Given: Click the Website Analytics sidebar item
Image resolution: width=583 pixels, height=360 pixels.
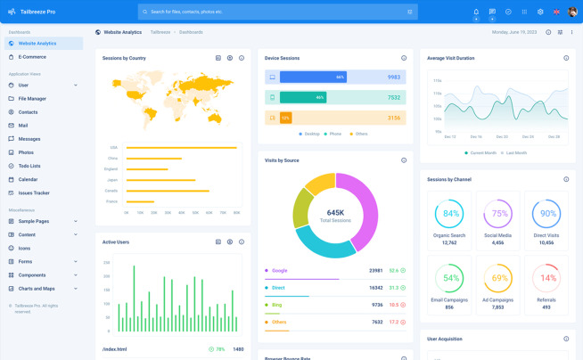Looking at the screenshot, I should [x=37, y=43].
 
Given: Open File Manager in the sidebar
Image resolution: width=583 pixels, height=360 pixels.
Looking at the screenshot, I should [x=32, y=98].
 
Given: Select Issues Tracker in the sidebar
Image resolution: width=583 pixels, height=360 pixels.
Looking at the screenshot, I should [x=34, y=192].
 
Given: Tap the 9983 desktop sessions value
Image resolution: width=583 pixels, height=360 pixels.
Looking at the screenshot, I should [x=393, y=78].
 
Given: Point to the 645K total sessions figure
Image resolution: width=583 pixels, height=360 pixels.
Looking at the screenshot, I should [x=335, y=213].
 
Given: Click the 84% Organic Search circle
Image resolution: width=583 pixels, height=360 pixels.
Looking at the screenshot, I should [x=449, y=214].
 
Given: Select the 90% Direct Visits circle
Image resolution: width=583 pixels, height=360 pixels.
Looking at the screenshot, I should [x=546, y=214].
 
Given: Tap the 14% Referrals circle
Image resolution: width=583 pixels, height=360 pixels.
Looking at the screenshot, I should [x=546, y=278].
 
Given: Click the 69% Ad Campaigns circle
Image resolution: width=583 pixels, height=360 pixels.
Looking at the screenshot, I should [x=497, y=278].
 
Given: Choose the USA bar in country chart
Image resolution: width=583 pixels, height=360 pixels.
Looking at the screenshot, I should [x=181, y=147].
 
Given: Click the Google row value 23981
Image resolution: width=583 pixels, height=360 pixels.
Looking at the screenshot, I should [x=375, y=270].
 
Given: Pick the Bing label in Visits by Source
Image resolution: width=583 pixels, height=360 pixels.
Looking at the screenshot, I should [x=276, y=305].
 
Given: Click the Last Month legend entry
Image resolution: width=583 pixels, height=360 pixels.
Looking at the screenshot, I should [x=515, y=152].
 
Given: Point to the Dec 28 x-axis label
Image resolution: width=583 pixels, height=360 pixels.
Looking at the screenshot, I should [x=554, y=137].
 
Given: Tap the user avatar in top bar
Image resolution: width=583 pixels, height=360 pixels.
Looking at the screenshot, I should [x=572, y=12].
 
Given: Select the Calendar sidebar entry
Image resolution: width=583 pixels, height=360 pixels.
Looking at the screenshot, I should [x=28, y=179].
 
